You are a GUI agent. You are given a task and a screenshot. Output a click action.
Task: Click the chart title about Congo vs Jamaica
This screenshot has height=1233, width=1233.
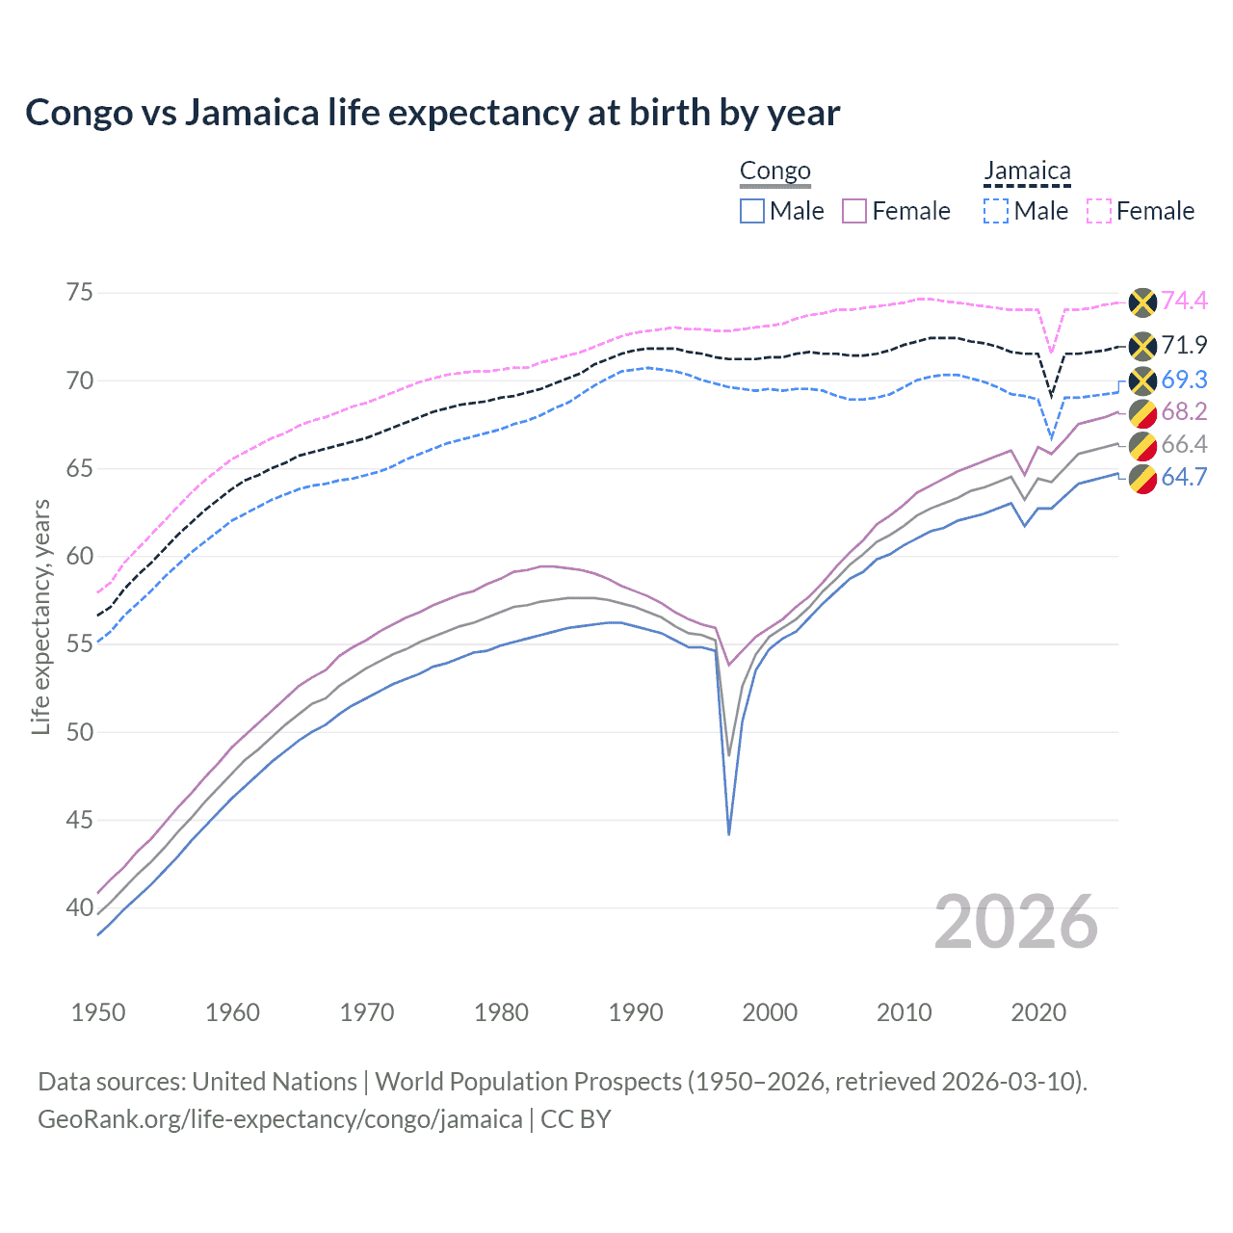click(433, 113)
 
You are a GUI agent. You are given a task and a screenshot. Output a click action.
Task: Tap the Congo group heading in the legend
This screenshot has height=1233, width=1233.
click(774, 171)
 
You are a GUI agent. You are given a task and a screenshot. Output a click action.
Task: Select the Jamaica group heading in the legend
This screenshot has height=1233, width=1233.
click(1027, 171)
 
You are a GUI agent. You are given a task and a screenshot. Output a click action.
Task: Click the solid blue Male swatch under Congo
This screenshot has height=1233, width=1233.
click(752, 211)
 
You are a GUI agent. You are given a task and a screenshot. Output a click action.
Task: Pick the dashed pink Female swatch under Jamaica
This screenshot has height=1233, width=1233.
click(1099, 211)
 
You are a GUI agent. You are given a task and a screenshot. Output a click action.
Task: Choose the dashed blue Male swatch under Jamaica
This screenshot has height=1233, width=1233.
click(996, 211)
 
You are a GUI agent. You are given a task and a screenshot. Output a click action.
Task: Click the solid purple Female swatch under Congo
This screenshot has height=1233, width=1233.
click(854, 211)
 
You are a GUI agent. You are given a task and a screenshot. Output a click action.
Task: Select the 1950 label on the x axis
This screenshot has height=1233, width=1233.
click(98, 1012)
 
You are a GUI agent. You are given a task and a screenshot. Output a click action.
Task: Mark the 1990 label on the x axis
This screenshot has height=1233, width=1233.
click(636, 1012)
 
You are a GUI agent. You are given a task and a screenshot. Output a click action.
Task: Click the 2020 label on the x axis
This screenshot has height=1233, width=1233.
click(1038, 1012)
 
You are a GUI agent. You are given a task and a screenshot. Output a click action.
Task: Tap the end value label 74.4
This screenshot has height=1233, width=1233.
click(1184, 301)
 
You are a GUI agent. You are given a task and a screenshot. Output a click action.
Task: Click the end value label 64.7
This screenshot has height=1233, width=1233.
click(1184, 477)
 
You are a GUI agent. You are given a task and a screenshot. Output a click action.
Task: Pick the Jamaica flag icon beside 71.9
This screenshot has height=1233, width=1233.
click(1141, 346)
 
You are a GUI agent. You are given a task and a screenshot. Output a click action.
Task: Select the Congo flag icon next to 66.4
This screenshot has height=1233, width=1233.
click(1141, 445)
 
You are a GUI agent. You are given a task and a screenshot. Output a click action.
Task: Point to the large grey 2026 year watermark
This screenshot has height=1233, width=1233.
click(1016, 923)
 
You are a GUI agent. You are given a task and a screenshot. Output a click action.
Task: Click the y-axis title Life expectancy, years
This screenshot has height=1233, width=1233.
click(40, 616)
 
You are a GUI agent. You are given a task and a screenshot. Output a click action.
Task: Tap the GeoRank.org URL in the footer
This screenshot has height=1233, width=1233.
click(279, 1119)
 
